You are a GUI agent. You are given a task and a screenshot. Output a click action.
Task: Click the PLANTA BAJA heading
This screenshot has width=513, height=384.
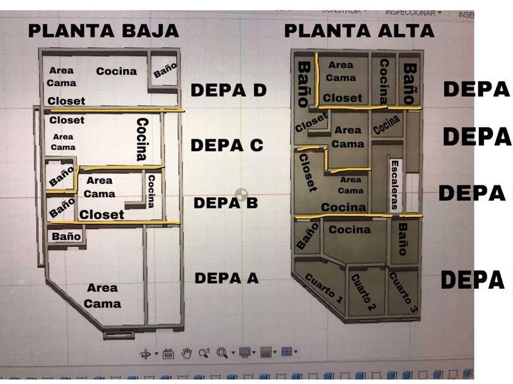click(x=103, y=30)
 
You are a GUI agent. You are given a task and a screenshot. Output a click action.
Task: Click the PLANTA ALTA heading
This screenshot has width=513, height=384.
click(x=359, y=30)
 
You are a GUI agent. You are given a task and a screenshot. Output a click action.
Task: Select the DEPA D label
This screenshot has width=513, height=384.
click(x=228, y=90)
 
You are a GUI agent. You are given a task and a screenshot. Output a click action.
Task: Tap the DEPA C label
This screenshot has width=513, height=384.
click(x=227, y=145)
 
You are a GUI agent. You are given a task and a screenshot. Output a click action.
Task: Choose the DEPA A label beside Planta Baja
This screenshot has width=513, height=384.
click(x=227, y=278)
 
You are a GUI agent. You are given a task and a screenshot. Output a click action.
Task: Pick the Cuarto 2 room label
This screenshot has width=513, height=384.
click(x=363, y=293)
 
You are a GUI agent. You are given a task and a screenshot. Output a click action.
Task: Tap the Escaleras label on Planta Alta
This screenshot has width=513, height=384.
click(x=395, y=185)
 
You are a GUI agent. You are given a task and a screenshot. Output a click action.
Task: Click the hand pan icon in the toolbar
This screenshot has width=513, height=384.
click(x=187, y=352)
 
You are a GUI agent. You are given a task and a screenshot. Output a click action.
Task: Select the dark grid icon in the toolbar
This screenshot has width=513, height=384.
click(x=266, y=352)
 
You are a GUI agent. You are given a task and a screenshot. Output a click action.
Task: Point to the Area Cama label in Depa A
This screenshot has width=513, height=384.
click(x=103, y=296)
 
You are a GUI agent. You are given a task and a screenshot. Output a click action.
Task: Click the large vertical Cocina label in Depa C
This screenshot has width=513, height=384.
click(x=142, y=140)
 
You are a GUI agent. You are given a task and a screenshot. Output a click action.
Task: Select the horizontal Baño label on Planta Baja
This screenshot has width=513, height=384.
click(x=66, y=235)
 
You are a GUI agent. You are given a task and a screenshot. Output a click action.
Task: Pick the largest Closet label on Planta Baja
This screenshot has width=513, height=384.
click(x=101, y=215)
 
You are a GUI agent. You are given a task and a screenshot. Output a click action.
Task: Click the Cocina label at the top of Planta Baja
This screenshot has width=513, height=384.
click(x=116, y=71)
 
